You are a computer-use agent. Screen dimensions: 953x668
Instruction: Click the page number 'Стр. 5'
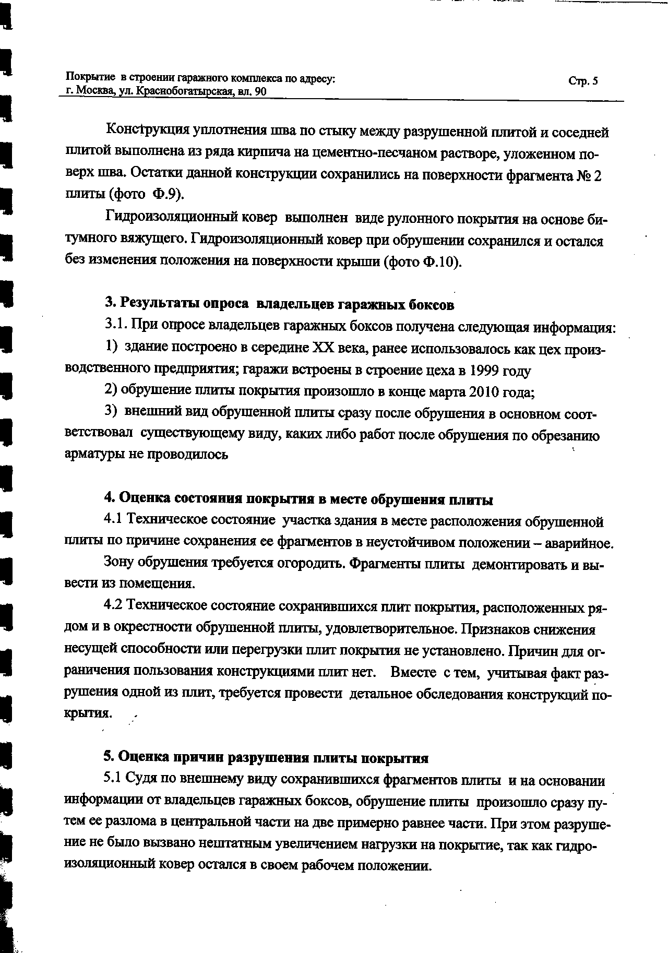point(583,81)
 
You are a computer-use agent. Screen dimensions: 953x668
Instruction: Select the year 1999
point(484,371)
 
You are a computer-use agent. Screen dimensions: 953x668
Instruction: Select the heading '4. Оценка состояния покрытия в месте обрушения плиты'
point(299,499)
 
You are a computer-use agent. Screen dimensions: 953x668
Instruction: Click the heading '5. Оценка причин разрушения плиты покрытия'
point(266,757)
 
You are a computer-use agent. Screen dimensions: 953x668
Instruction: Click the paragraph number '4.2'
point(113,605)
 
